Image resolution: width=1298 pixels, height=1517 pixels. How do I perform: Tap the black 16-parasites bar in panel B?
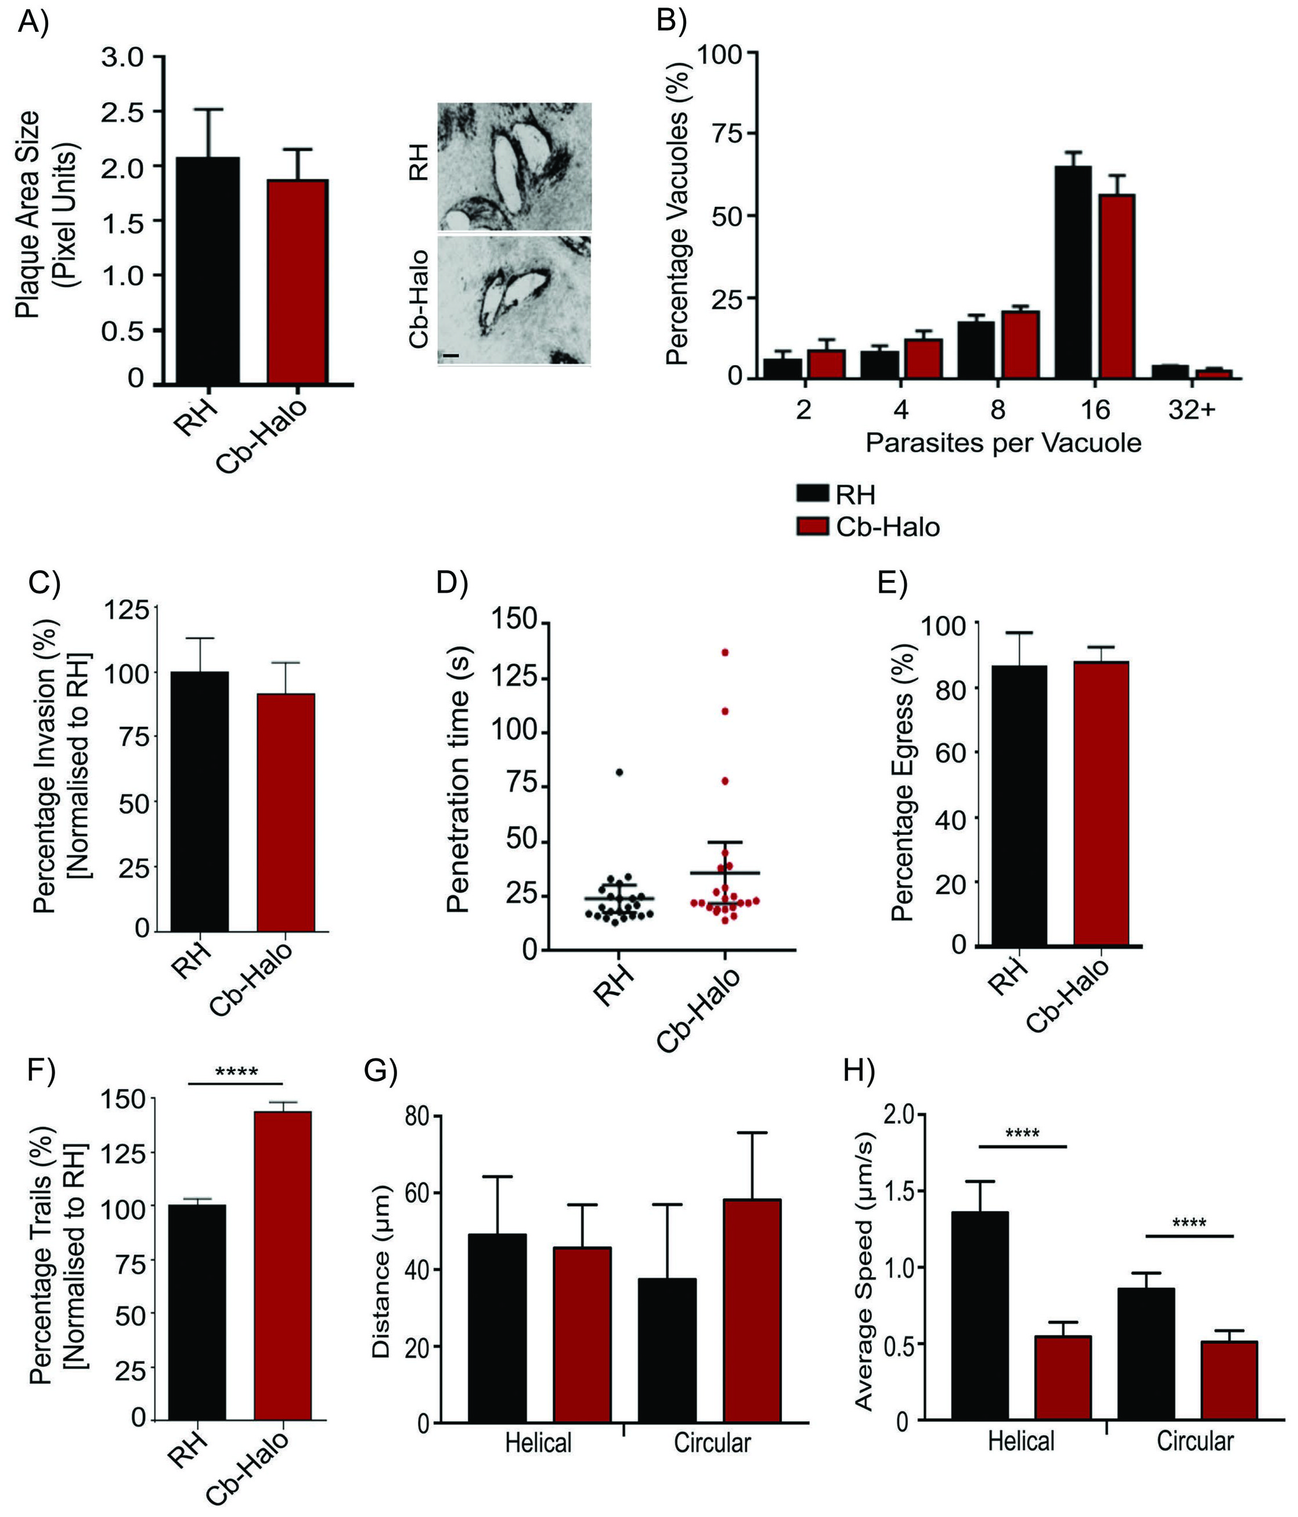(x=1073, y=272)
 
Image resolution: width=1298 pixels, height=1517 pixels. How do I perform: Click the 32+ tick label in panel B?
(x=1191, y=410)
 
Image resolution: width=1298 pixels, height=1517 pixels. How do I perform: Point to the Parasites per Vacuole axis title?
(x=1003, y=443)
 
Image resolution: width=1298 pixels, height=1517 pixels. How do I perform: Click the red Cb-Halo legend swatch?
(x=812, y=527)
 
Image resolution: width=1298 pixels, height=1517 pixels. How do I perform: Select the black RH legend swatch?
(x=812, y=494)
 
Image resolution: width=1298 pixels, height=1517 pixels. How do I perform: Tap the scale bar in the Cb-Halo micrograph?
(x=451, y=356)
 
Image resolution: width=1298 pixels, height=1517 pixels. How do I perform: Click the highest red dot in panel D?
(x=726, y=653)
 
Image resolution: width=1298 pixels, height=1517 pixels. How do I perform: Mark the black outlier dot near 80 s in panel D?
(x=619, y=772)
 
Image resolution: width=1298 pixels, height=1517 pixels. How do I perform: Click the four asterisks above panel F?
(x=236, y=1073)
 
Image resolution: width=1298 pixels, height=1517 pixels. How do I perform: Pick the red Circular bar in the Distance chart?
(x=752, y=1310)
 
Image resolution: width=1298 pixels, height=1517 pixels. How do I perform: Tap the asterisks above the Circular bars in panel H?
(x=1189, y=1223)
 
